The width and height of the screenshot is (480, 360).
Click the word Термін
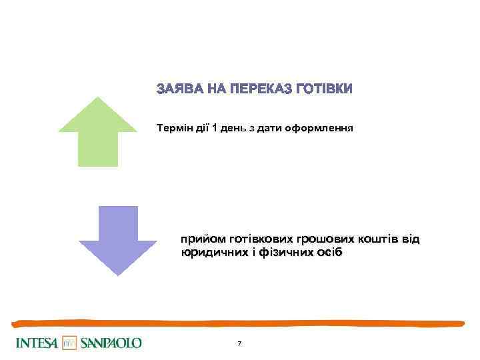(x=175, y=127)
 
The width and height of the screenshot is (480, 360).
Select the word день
(x=233, y=127)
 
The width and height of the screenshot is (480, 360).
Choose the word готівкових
(x=261, y=239)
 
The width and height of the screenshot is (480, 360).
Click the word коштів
(x=382, y=239)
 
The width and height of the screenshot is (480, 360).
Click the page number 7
(x=239, y=343)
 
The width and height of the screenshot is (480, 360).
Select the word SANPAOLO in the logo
(x=111, y=343)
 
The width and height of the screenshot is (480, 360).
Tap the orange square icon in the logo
(x=71, y=343)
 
